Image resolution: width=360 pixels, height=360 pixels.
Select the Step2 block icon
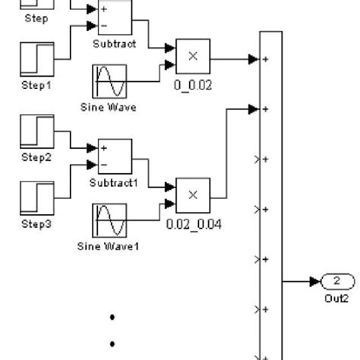[x=36, y=131]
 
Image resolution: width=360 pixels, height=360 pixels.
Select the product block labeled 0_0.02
[x=193, y=55]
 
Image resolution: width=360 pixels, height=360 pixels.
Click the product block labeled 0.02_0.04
[x=193, y=195]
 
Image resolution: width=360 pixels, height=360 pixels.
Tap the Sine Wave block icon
[x=108, y=82]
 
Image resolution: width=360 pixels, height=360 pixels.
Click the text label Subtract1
[x=114, y=183]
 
